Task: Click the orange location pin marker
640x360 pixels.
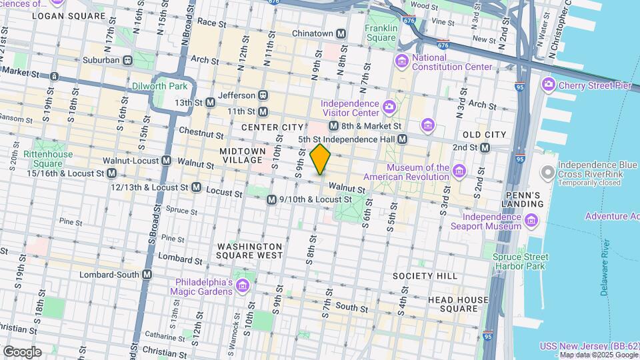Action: click(x=321, y=159)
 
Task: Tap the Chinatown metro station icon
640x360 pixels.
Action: click(x=341, y=33)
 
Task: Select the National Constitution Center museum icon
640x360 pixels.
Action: click(x=401, y=62)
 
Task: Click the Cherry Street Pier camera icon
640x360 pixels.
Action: click(x=548, y=84)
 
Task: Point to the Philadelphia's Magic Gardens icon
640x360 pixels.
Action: click(x=242, y=286)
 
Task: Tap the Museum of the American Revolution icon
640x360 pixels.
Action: click(x=459, y=172)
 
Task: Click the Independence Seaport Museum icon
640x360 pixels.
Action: click(x=531, y=221)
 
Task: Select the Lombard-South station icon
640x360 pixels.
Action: click(x=147, y=275)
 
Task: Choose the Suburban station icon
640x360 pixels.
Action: click(x=127, y=60)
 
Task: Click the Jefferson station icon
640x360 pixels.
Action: click(x=263, y=95)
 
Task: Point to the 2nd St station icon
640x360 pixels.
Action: click(x=485, y=147)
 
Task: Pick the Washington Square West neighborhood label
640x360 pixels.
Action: click(x=249, y=251)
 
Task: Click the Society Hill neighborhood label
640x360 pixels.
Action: click(x=425, y=276)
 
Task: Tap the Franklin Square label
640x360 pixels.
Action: click(x=381, y=33)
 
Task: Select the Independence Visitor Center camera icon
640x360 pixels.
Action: click(x=389, y=106)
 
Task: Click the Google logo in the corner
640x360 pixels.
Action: click(x=22, y=351)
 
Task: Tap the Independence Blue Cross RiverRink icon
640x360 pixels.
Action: click(x=548, y=173)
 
